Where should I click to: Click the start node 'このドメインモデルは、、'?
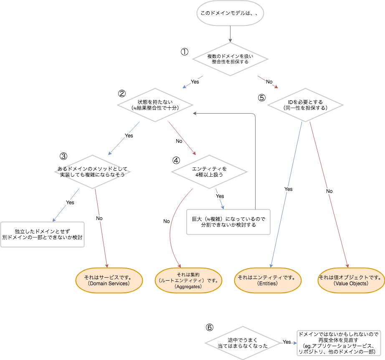click(x=230, y=13)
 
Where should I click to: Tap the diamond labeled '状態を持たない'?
click(x=155, y=105)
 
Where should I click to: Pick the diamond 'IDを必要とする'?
click(x=305, y=105)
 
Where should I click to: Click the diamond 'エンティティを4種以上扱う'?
click(x=210, y=172)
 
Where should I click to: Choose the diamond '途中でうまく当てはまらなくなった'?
click(x=243, y=343)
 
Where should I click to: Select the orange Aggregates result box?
click(x=188, y=280)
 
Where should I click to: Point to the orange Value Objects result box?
click(x=351, y=280)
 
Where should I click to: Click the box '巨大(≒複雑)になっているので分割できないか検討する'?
click(x=228, y=222)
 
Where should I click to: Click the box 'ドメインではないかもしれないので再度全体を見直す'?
click(x=340, y=343)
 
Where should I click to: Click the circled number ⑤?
click(x=262, y=98)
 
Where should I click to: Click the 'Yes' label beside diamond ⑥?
click(x=286, y=342)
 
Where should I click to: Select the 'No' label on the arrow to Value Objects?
click(x=329, y=191)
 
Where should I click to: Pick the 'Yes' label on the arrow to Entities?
click(x=289, y=189)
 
